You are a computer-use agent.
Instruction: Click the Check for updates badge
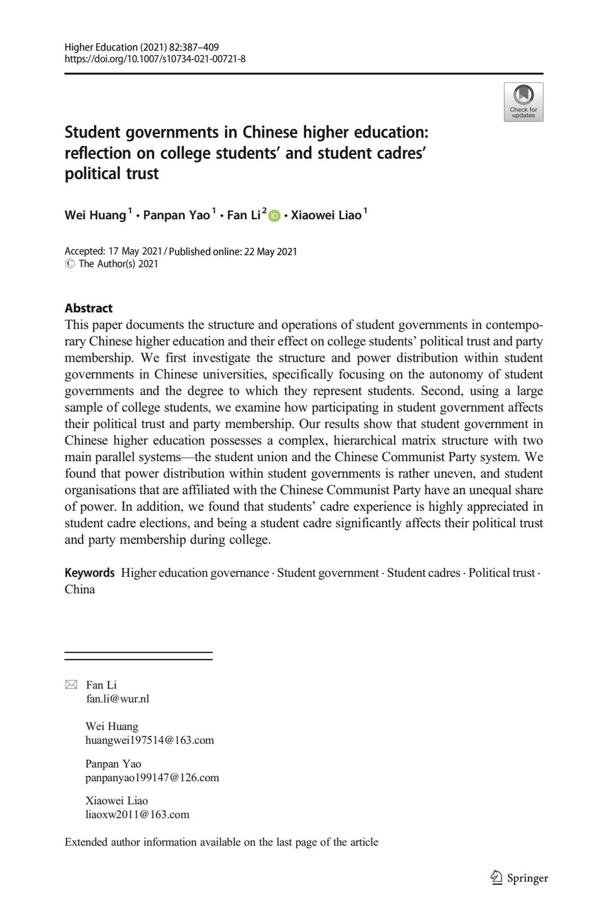point(523,102)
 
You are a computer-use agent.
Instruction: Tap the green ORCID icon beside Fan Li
point(275,216)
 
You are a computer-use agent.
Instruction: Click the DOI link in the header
point(155,59)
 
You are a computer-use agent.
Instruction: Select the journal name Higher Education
point(101,47)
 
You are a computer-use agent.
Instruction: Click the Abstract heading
point(88,308)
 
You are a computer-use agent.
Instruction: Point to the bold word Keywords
point(90,573)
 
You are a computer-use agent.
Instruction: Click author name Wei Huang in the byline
point(95,215)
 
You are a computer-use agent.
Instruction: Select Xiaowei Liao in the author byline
point(326,215)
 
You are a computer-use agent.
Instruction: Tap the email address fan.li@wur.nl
point(118,699)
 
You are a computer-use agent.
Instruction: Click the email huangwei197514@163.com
point(150,740)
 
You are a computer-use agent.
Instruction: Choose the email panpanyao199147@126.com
point(152,778)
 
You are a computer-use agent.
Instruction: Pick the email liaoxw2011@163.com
point(137,815)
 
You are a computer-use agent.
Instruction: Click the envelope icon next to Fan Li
point(71,685)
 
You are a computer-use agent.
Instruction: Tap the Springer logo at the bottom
point(519,878)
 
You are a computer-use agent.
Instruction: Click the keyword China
point(80,589)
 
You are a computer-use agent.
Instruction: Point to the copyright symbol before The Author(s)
point(70,264)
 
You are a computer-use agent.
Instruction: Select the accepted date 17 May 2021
point(135,252)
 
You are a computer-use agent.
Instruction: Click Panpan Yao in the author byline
point(176,215)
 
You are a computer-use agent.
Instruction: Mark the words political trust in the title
point(111,174)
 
